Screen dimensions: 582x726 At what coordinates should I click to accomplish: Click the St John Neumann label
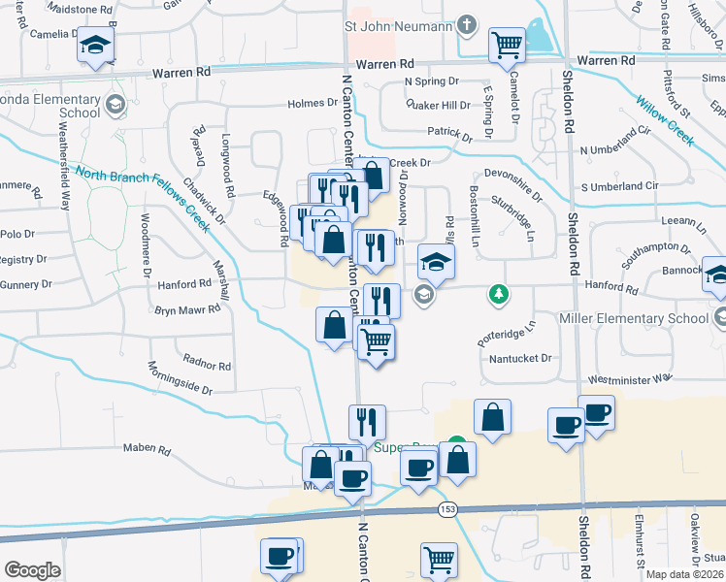(x=399, y=25)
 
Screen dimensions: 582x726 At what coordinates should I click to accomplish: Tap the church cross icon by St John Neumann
(x=467, y=24)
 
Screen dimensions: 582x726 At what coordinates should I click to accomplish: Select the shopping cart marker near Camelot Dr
(x=508, y=45)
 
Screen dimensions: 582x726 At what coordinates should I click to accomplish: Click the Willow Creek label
(x=665, y=120)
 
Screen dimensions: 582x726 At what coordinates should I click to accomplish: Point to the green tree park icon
(x=499, y=293)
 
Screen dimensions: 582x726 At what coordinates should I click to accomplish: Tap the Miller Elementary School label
(x=635, y=318)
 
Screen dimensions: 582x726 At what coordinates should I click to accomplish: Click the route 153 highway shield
(x=446, y=511)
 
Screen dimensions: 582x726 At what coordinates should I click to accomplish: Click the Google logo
(x=32, y=570)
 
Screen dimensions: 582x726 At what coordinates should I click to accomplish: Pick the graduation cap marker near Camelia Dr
(x=95, y=47)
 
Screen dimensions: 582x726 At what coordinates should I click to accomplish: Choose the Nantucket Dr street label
(x=520, y=358)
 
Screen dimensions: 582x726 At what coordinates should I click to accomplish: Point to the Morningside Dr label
(x=180, y=379)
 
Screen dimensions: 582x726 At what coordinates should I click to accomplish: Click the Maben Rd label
(x=147, y=450)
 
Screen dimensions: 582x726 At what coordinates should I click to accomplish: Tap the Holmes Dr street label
(x=311, y=104)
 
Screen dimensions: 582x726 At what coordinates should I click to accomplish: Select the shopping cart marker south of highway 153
(x=439, y=560)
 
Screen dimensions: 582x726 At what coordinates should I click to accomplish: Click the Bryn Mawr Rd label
(x=179, y=310)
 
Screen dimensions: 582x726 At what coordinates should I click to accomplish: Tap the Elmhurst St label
(x=642, y=547)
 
